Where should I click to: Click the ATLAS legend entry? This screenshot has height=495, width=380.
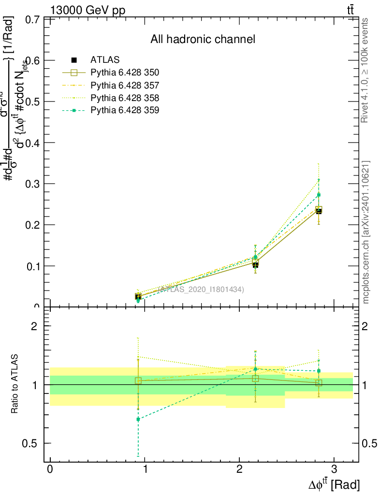tap(105, 60)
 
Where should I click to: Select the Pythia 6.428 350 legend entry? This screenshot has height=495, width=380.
tap(125, 73)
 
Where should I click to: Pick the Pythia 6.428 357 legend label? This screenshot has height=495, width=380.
tap(125, 85)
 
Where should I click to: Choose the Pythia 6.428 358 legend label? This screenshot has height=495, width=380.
tap(125, 98)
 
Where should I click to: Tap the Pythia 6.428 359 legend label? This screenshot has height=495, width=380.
tap(125, 110)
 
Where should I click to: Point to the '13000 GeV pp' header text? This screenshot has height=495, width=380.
tap(88, 11)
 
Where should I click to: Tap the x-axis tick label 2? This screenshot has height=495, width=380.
tap(239, 470)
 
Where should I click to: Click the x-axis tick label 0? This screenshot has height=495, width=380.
tap(50, 470)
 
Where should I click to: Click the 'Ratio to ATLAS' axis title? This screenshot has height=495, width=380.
tap(15, 384)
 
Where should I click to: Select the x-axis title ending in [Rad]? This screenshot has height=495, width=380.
tap(334, 484)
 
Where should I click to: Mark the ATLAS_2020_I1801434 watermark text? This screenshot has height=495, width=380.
tap(201, 289)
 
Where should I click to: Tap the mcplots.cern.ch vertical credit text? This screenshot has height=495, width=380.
tap(366, 232)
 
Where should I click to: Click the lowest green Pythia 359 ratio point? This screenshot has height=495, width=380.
tap(138, 419)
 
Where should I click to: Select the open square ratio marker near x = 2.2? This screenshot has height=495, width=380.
tap(255, 379)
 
